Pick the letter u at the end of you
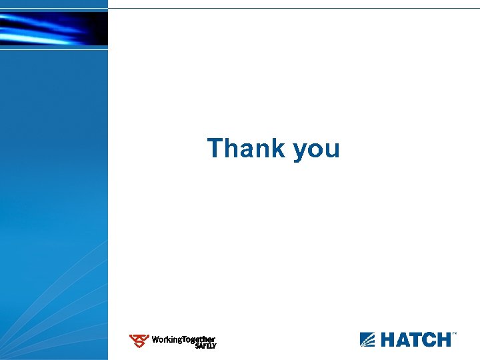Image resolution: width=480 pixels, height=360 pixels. pos(333,150)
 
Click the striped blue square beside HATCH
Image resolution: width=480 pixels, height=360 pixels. pos(368,339)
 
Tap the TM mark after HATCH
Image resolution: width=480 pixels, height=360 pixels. pos(455,333)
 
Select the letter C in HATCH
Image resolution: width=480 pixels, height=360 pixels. pos(427,339)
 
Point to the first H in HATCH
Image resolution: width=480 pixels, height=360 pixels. pos(388,339)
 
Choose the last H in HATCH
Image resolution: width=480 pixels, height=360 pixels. pos(443,339)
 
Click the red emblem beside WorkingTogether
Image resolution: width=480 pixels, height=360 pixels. pos(139,341)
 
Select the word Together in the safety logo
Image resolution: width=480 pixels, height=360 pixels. pos(199,339)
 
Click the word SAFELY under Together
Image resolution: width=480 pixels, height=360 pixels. pos(205,346)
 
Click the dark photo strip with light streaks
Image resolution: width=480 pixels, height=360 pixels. pos(53,29)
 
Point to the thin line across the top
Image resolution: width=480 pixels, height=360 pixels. pos(293,8)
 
